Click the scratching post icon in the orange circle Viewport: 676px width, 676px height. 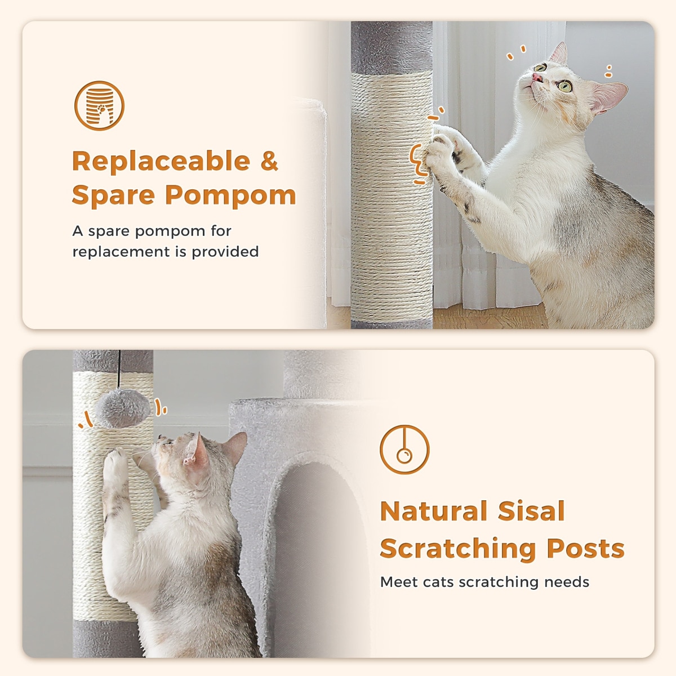tap(99, 106)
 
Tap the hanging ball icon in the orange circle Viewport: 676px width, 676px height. tap(404, 450)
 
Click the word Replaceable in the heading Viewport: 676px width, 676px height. tap(161, 161)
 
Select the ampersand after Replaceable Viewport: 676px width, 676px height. tap(269, 161)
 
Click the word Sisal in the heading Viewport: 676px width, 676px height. tap(531, 511)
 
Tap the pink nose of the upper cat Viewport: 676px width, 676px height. tap(537, 77)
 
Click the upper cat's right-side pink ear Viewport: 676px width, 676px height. tap(610, 97)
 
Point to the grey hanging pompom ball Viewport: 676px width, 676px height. tap(122, 408)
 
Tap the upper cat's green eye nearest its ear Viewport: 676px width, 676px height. tap(564, 86)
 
